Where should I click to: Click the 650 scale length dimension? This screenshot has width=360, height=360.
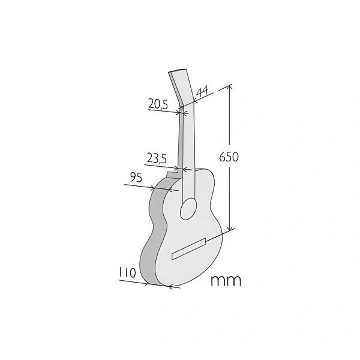click(229, 157)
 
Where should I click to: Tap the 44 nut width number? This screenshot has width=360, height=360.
click(202, 91)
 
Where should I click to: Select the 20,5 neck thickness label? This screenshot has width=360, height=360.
click(158, 104)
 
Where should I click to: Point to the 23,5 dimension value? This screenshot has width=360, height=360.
click(157, 158)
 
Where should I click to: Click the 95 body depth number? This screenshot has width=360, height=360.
click(136, 177)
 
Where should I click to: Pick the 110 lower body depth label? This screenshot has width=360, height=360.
click(127, 273)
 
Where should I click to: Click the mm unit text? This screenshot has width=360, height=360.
click(226, 281)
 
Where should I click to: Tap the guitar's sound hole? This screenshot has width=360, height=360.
click(188, 208)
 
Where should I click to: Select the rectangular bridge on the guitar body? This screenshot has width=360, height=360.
click(189, 249)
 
